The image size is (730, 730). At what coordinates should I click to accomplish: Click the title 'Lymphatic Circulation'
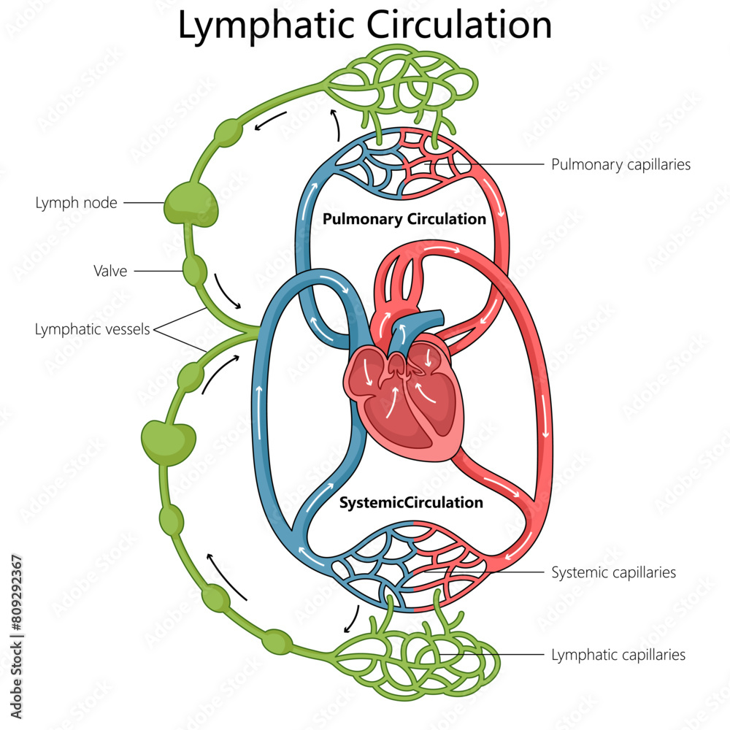pos(365,26)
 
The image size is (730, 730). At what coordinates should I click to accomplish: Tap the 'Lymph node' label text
pos(76,203)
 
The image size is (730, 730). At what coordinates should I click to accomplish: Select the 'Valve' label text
pos(110,272)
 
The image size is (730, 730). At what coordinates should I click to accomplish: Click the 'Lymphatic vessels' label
pos(92,329)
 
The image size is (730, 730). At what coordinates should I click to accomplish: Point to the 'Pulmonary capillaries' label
pos(620,164)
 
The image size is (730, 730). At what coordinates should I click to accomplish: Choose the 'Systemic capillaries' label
pos(613,572)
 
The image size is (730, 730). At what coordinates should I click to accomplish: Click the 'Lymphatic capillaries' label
pos(618,655)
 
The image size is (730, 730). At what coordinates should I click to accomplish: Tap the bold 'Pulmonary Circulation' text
pos(404,219)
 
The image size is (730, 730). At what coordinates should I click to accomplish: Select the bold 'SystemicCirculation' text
pos(411,502)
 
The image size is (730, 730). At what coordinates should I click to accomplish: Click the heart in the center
pos(401,394)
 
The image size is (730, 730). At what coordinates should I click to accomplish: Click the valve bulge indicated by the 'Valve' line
pos(195,271)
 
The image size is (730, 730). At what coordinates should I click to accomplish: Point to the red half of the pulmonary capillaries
pos(438,164)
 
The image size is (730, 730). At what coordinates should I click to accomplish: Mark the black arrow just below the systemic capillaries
pos(352,619)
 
